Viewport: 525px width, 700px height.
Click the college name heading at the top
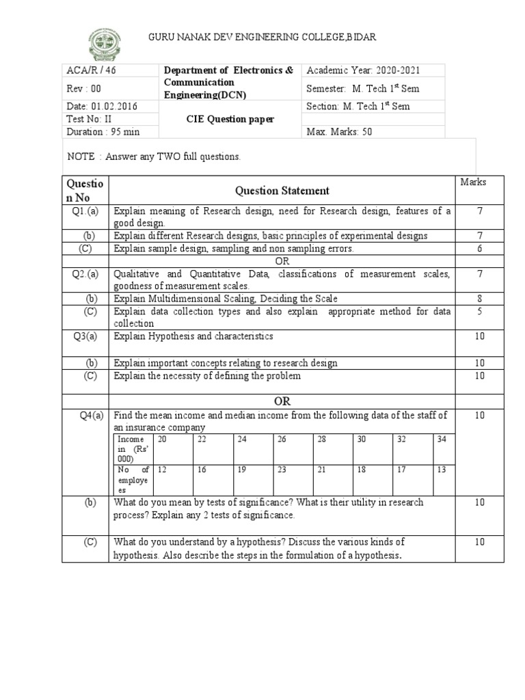(262, 36)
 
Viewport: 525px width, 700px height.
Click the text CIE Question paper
(230, 119)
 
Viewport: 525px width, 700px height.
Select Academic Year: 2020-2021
(363, 70)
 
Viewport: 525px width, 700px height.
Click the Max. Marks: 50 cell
(340, 131)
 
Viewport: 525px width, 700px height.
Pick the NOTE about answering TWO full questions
(154, 157)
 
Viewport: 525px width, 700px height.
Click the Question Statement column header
(282, 191)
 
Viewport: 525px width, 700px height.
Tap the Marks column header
(473, 182)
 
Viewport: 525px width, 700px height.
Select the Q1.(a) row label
(85, 211)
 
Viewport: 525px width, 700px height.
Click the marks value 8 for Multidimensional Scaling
(480, 299)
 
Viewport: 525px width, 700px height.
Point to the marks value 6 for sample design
(480, 249)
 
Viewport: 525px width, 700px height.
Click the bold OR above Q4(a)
(282, 401)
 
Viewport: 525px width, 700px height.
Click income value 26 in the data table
(282, 440)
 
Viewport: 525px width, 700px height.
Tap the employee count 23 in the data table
(282, 470)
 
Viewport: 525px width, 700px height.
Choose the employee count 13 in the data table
(441, 470)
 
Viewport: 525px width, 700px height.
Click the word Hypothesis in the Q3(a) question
(169, 336)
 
